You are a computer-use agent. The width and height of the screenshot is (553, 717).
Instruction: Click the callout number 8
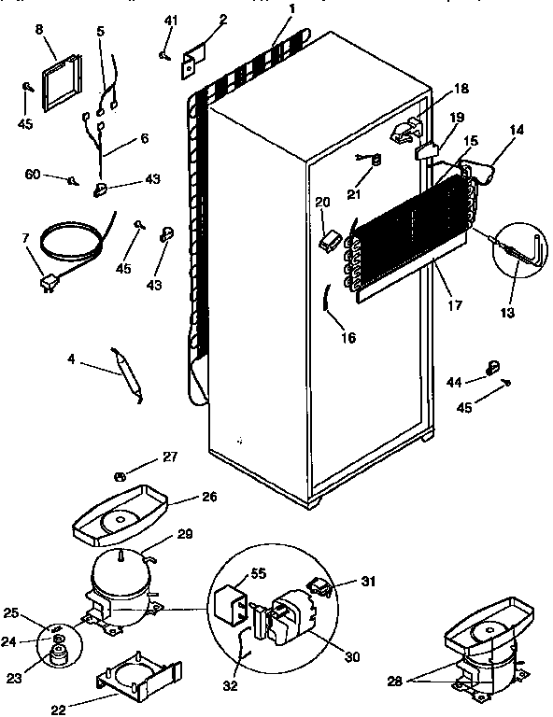point(39,30)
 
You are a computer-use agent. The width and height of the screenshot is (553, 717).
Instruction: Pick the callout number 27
point(169,457)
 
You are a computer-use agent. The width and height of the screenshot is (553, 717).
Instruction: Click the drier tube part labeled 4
point(128,370)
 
